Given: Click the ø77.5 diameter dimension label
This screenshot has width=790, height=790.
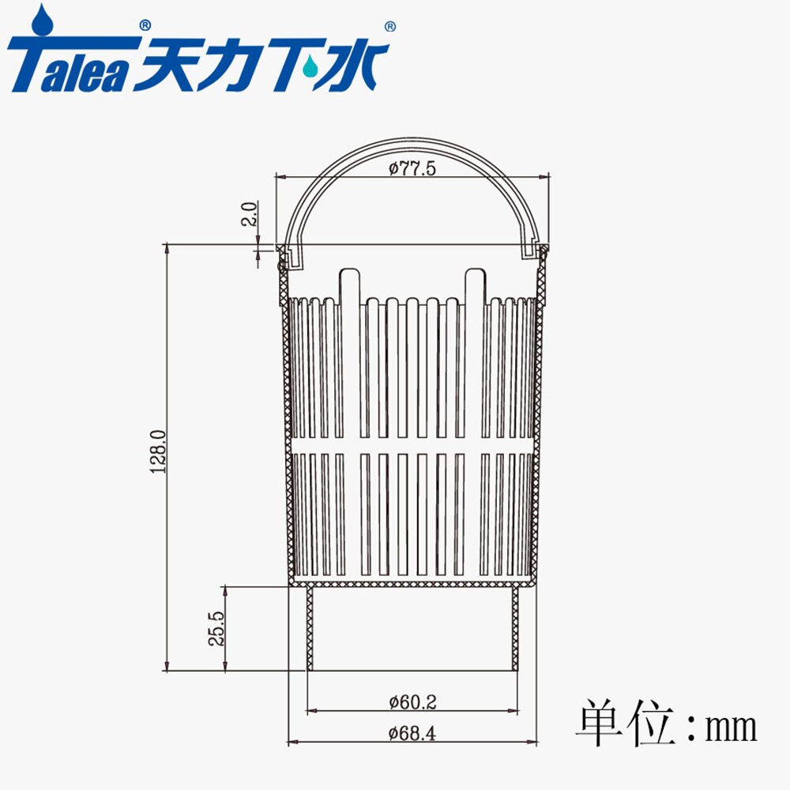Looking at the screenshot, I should point(412,168).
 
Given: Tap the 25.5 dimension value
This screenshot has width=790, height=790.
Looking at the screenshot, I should point(216,629).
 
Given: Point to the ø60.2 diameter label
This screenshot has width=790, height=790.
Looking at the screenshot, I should point(412,701).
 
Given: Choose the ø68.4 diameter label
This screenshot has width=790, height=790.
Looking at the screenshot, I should point(412,733).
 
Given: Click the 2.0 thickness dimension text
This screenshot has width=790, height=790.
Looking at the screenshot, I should point(249,214).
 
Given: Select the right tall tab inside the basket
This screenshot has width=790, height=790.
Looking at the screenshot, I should point(475,286).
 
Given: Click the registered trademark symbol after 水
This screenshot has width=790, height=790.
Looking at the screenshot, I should point(389,27).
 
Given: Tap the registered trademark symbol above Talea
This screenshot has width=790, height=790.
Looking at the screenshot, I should point(144,25).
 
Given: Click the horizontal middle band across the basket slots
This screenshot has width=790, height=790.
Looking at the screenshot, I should point(412,445).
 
